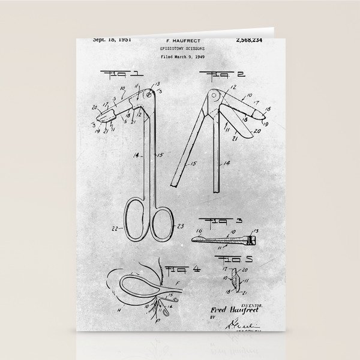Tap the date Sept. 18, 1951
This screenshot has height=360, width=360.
[112, 40]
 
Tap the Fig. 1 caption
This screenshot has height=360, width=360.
[125, 74]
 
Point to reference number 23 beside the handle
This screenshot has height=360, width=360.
[180, 226]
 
